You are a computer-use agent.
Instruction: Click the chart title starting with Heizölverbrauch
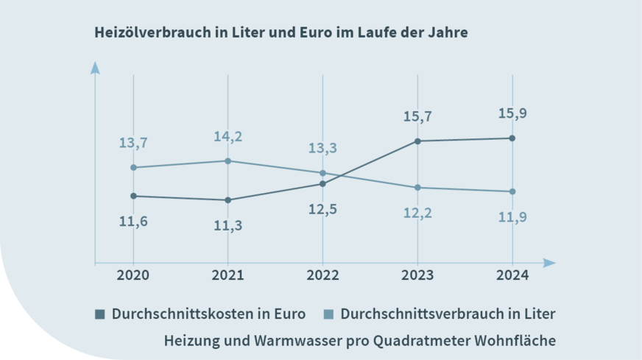(281, 33)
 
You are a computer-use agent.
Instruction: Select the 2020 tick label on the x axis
(133, 275)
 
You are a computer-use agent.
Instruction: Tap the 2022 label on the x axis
(322, 275)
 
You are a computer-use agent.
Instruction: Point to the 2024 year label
(512, 275)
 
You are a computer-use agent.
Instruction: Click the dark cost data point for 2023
(417, 141)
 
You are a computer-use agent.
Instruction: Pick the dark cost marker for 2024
(512, 138)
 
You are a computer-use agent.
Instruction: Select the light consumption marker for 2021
(227, 160)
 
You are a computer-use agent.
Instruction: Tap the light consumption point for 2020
(133, 167)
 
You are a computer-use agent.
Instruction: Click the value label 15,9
(512, 113)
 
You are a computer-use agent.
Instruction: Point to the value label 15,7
(417, 116)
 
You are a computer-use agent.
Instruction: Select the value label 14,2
(227, 136)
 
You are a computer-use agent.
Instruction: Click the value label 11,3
(227, 225)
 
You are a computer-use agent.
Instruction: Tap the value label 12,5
(322, 209)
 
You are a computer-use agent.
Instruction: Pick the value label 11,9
(512, 217)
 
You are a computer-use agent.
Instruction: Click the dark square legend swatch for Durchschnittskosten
(100, 314)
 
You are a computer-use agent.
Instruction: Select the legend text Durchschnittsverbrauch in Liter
(448, 314)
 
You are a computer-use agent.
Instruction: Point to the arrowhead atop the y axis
(94, 68)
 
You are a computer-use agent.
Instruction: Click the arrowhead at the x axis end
(550, 262)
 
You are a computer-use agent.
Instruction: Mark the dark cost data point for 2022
(322, 183)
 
